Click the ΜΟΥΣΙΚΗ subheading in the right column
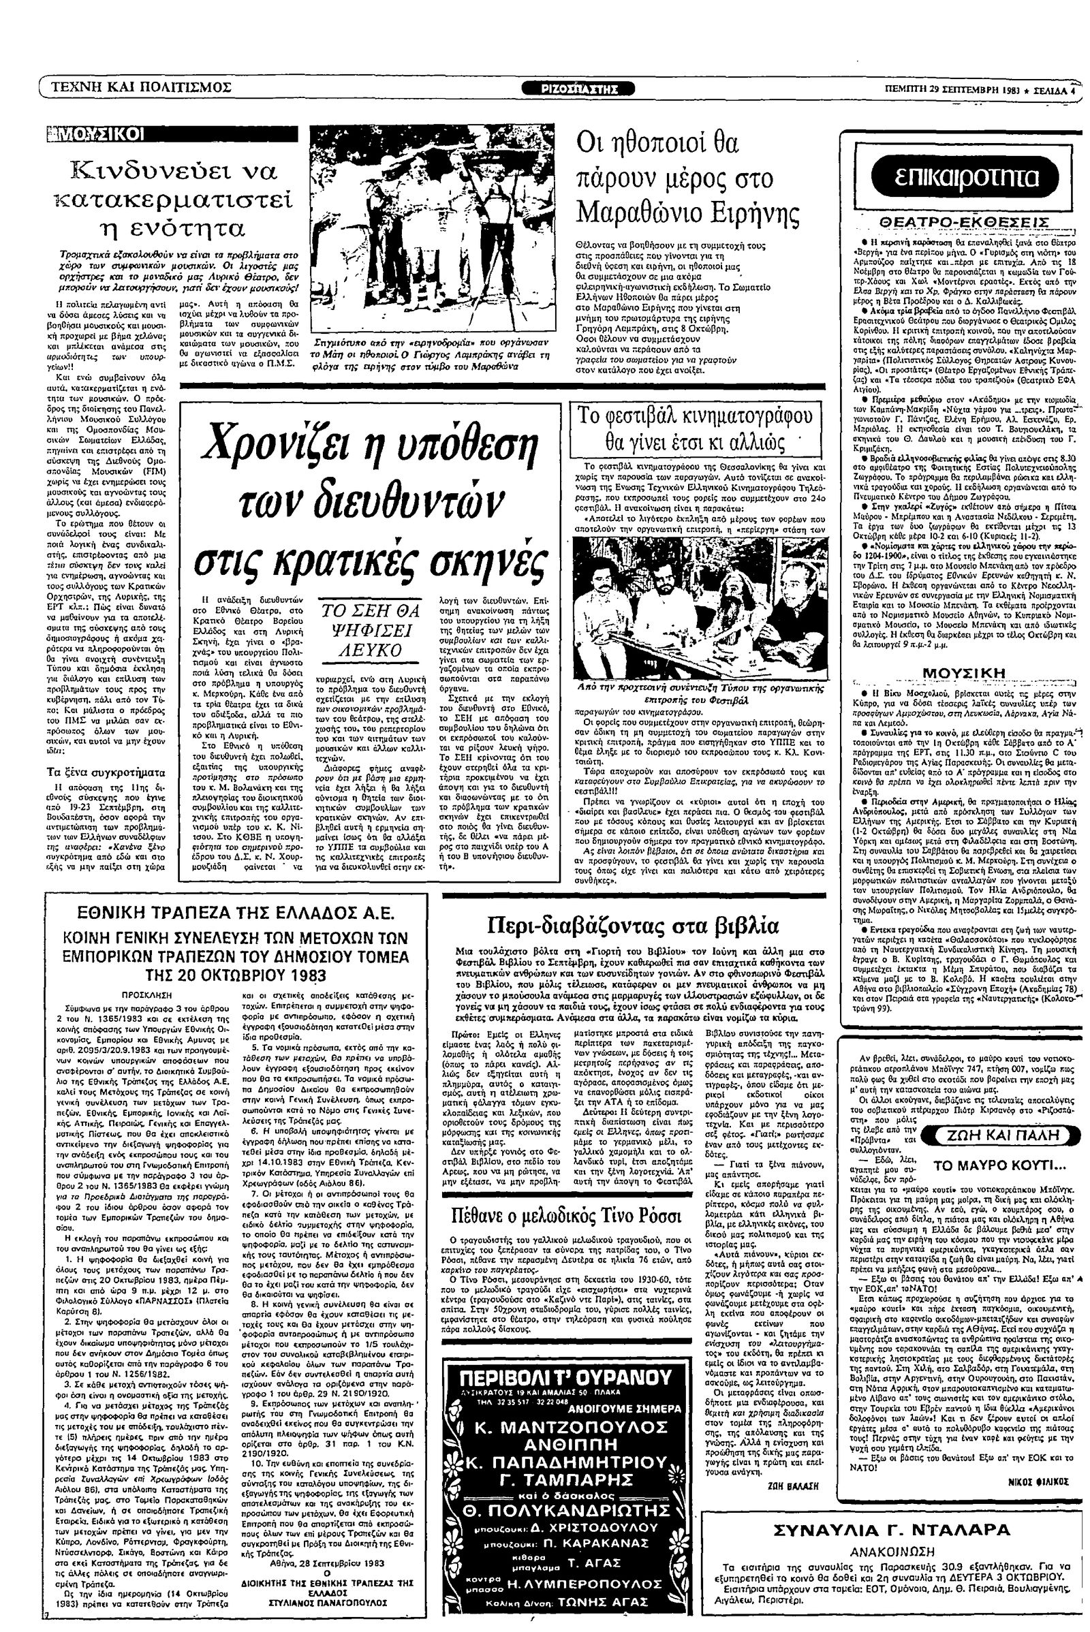963,672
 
